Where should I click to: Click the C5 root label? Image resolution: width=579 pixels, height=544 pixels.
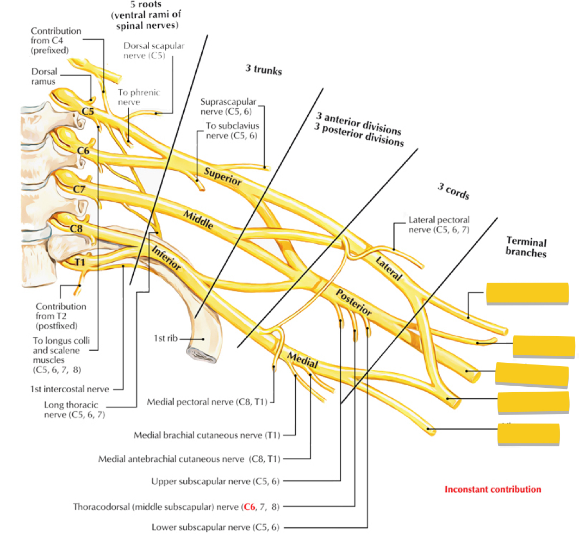point(88,112)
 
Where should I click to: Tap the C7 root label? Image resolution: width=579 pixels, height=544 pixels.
point(80,190)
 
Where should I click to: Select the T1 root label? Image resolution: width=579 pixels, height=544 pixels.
point(79,263)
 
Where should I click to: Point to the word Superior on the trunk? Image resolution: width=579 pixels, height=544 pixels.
point(222,176)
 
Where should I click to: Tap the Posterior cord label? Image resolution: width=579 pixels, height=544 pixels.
point(354,302)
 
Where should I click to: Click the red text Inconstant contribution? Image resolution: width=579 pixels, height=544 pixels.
point(493,489)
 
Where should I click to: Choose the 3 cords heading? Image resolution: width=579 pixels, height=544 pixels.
point(453,191)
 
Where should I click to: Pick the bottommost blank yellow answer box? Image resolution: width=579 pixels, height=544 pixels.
point(528,435)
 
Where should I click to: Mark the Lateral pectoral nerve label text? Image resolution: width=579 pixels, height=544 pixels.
point(439,225)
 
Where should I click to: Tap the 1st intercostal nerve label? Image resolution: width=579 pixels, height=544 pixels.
point(78,389)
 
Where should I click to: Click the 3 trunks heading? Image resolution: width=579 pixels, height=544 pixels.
point(263,70)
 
